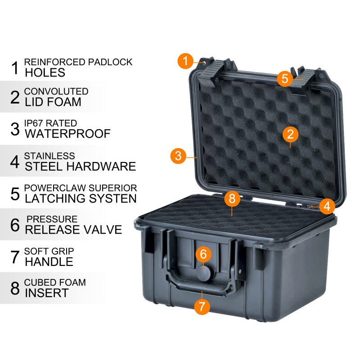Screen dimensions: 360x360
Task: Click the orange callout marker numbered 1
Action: tap(185, 61)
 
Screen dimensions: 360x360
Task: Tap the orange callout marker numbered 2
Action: tap(291, 134)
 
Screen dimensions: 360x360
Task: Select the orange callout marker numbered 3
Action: tap(178, 156)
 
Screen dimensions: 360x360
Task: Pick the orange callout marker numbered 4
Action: tap(327, 206)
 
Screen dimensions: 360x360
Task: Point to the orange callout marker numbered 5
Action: tap(285, 78)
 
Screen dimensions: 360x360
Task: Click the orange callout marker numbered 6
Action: tap(203, 254)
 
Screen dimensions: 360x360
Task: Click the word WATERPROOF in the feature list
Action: tap(67, 134)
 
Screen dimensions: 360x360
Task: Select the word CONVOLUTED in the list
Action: tap(56, 91)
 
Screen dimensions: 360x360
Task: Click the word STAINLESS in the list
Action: tap(49, 156)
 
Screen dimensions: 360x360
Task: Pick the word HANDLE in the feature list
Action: tap(49, 261)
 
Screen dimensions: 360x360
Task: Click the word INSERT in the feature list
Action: tap(47, 293)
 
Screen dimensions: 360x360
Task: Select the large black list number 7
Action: tap(15, 256)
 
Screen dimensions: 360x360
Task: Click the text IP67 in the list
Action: tap(33, 123)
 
